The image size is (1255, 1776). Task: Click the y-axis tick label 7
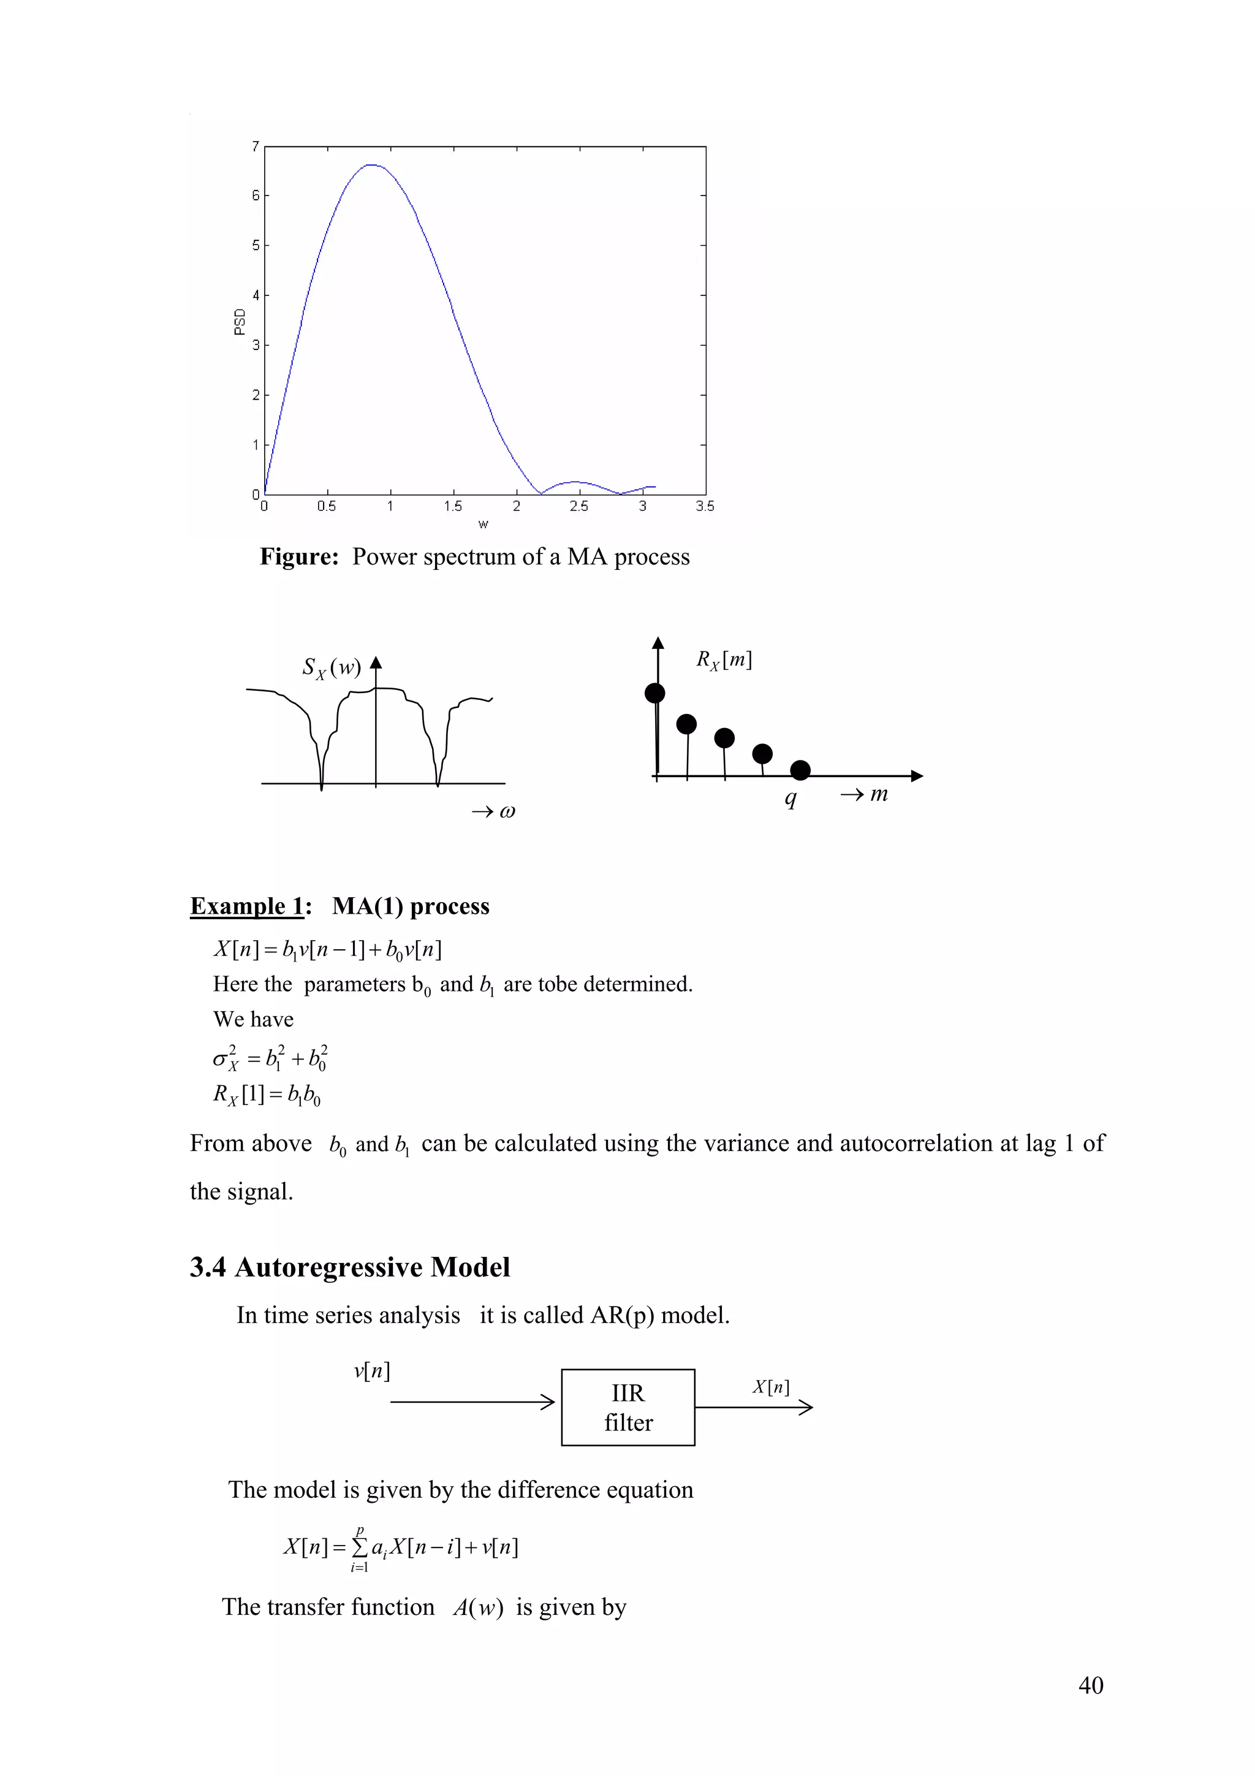[255, 146]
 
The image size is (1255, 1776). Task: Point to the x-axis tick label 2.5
[578, 507]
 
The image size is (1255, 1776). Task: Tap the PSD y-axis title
[239, 322]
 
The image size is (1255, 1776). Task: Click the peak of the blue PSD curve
[372, 165]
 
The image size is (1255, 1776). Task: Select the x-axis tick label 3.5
[705, 507]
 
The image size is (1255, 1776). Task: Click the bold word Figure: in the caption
[299, 557]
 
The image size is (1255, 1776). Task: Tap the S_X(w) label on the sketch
[331, 667]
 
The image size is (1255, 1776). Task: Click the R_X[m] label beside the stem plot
[723, 660]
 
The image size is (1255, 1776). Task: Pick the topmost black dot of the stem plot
[655, 693]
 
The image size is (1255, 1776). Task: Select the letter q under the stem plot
[791, 799]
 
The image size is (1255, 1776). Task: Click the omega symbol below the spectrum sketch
[507, 811]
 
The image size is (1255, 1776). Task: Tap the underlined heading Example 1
[247, 906]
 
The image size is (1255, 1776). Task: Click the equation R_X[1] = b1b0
[267, 1095]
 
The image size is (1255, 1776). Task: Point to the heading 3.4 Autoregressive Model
[349, 1267]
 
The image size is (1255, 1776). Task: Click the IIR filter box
[628, 1407]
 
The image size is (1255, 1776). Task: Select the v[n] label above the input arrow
[372, 1372]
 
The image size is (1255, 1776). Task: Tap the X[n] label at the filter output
[771, 1387]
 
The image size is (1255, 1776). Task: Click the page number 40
[1090, 1685]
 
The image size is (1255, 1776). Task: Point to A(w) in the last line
[477, 1607]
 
